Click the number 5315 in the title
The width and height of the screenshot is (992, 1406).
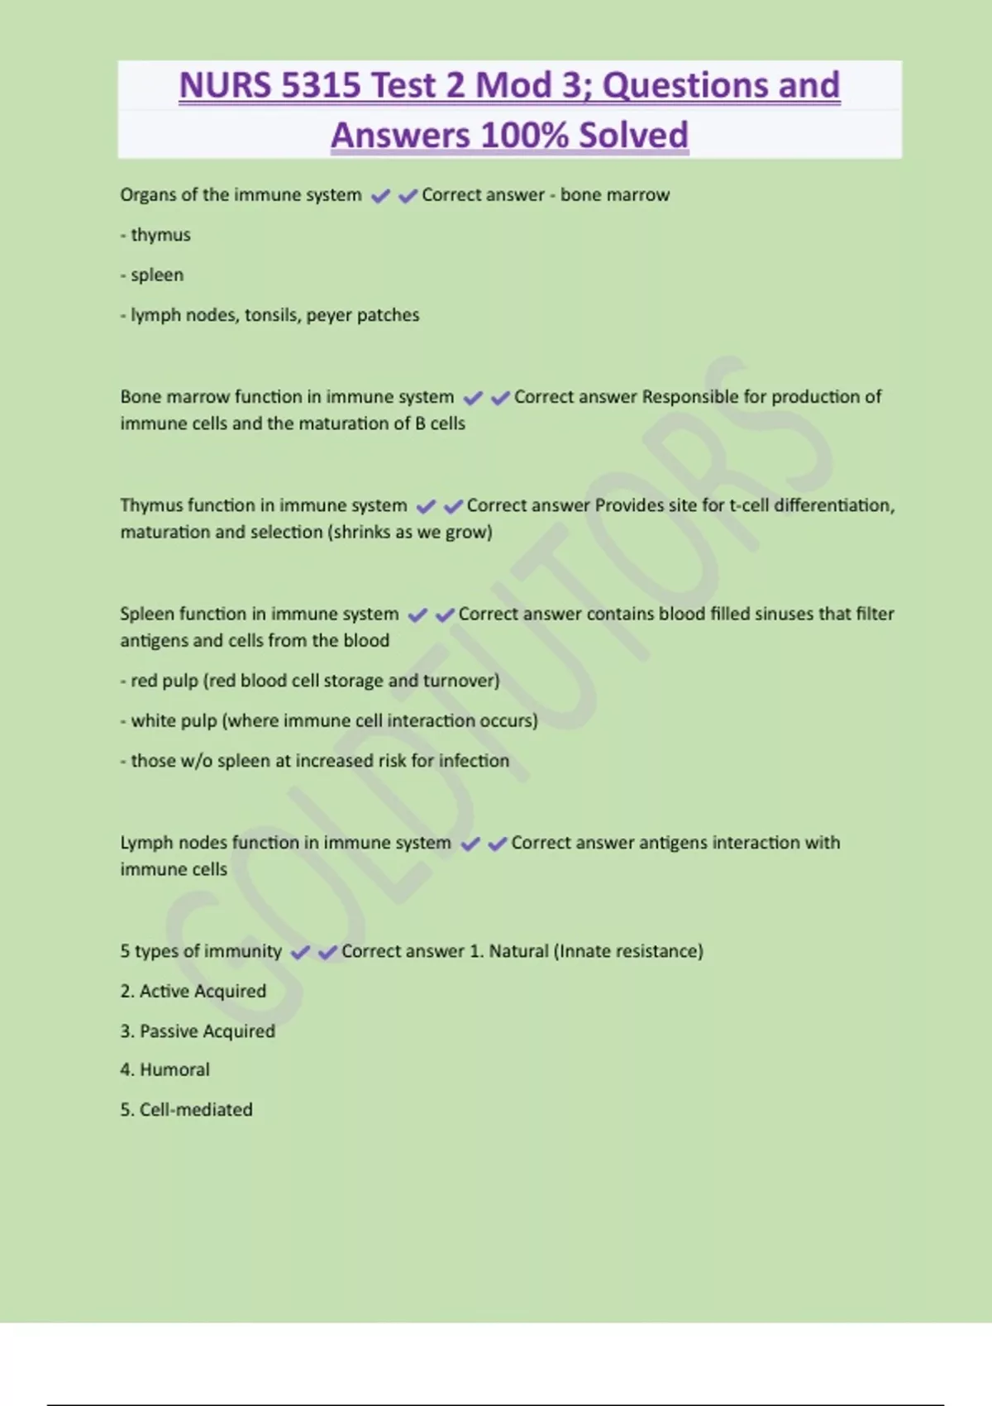(x=321, y=86)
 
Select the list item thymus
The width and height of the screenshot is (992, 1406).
(x=160, y=235)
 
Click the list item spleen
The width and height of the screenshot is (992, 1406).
(x=157, y=275)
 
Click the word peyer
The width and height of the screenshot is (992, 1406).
(x=329, y=315)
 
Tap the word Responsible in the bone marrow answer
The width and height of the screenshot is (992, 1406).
(x=690, y=397)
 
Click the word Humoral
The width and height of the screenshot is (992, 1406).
(x=174, y=1069)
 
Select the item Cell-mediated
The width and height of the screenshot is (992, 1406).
(x=196, y=1110)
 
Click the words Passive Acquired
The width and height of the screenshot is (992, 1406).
(x=207, y=1031)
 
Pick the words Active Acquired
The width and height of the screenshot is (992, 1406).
(x=203, y=991)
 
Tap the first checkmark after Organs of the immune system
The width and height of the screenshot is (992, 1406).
(x=380, y=196)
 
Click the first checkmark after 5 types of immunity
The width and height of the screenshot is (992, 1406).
(x=300, y=953)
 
